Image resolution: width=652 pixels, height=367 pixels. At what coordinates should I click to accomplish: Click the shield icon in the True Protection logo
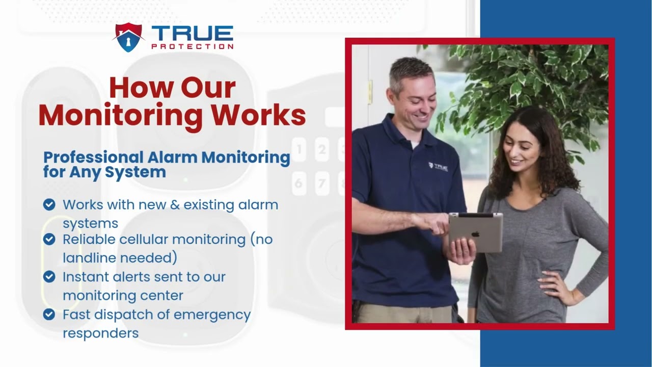[127, 37]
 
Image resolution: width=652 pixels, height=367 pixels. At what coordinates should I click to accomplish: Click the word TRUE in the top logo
[193, 34]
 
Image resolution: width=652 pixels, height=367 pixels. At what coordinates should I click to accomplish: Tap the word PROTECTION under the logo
[193, 46]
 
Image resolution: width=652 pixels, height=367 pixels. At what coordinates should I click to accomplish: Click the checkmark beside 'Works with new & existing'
[49, 205]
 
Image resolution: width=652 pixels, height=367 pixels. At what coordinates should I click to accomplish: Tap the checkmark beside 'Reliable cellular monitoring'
[49, 239]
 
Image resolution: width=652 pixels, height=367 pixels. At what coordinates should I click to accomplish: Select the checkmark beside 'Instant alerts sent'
[49, 277]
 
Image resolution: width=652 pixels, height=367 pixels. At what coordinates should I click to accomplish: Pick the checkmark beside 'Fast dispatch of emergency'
[49, 314]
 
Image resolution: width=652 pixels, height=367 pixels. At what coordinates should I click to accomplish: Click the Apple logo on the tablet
[475, 234]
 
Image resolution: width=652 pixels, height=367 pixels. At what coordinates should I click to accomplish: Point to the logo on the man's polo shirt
[438, 167]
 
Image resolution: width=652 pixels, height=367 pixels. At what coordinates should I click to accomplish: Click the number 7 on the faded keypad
[321, 182]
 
